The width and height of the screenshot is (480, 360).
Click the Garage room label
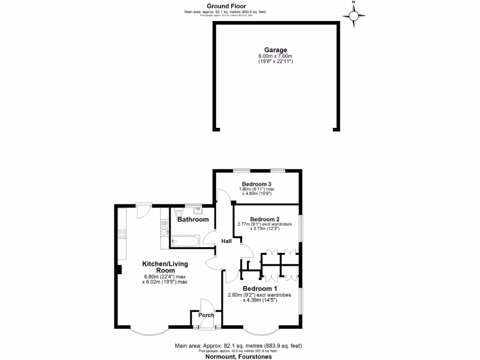point(276,50)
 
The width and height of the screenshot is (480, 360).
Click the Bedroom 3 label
point(257,184)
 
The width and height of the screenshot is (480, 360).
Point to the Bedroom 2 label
point(265,219)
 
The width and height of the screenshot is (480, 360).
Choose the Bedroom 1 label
point(260,288)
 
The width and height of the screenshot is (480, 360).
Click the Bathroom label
point(193,219)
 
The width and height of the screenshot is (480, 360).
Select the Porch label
point(206,315)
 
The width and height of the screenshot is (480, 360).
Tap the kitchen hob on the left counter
point(123,234)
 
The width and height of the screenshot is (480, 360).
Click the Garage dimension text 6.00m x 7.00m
point(276,56)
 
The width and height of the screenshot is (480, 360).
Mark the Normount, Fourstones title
point(238,356)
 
